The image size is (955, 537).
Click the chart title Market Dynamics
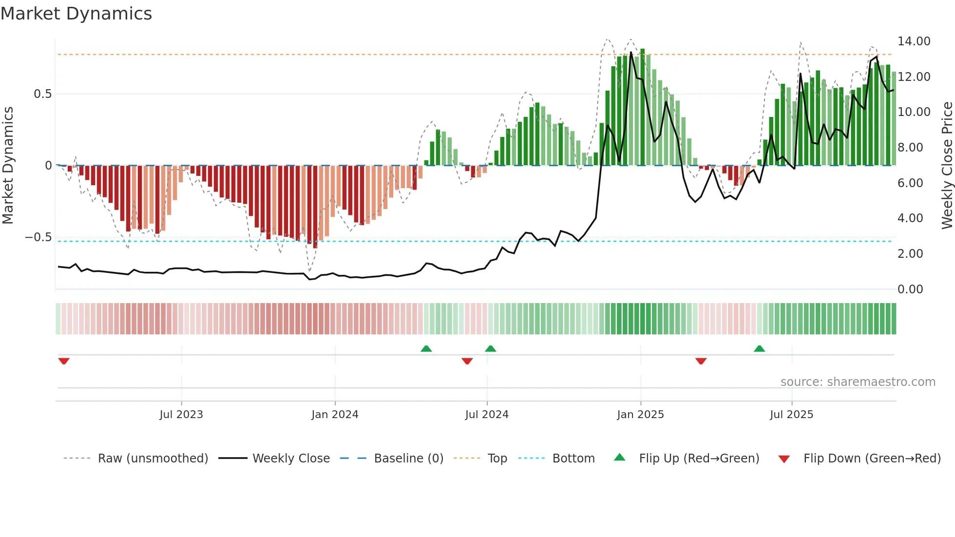(76, 14)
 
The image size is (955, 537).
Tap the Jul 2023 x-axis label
(181, 415)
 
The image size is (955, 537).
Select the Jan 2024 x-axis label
(335, 415)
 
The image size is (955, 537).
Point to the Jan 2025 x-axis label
(640, 415)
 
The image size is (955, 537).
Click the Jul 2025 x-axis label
(791, 415)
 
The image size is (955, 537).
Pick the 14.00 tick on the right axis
(914, 41)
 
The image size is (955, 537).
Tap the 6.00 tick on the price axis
(910, 183)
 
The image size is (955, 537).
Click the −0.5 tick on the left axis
(38, 237)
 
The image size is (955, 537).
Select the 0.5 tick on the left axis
(42, 94)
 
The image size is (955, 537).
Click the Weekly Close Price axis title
(947, 165)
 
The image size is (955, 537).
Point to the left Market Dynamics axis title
(8, 165)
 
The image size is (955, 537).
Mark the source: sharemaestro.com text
(858, 382)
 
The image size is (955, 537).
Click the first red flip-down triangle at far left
(64, 361)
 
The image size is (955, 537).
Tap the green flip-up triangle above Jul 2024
(491, 348)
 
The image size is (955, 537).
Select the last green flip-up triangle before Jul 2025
(759, 348)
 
